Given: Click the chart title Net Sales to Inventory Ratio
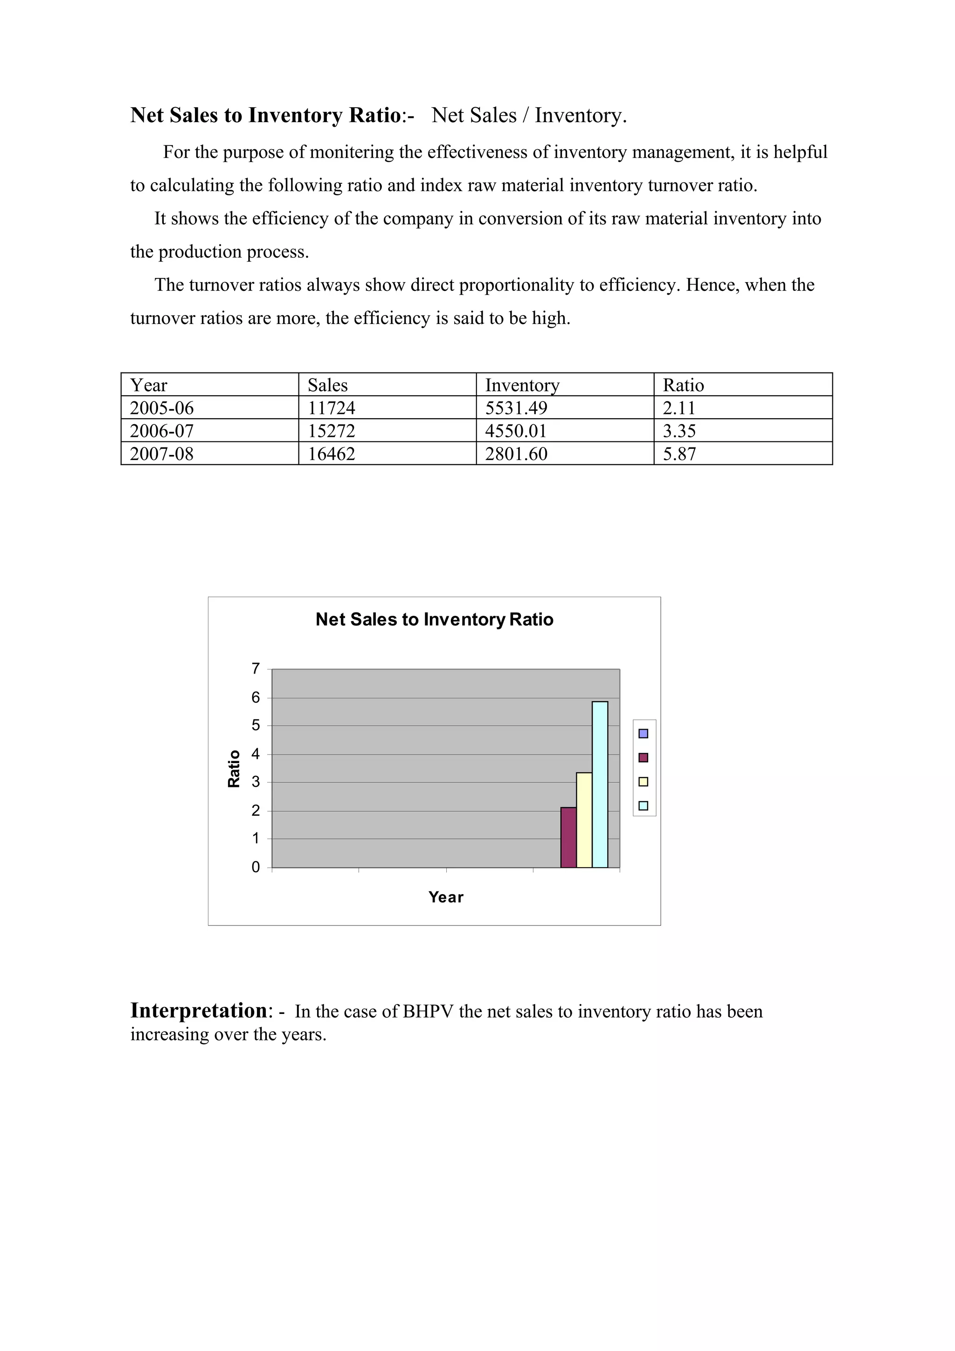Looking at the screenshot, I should pos(434,620).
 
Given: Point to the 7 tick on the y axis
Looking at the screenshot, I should pos(256,669).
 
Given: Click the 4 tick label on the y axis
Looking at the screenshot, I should pos(256,754).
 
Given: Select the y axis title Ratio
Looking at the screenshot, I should pos(234,768).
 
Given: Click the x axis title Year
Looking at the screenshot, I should pos(445,897).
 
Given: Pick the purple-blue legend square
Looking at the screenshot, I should pos(643,733).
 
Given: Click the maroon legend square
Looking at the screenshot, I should pos(643,757).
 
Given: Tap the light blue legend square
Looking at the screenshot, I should pos(643,806).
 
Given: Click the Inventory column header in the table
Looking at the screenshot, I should pos(522,386).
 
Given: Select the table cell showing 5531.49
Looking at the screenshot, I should pos(516,408).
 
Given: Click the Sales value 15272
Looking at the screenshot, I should pos(331,431).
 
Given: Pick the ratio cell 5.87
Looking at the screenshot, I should pos(679,454).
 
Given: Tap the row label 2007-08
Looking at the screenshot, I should pos(162,454).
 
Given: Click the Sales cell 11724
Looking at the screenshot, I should pos(331,408).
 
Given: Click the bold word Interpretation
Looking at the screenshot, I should pos(198,1010).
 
